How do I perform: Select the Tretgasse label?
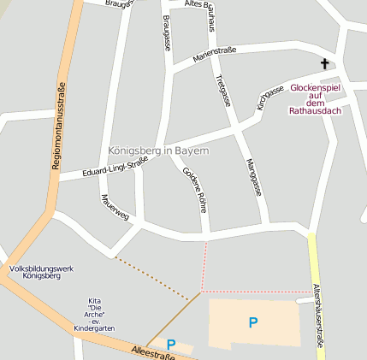click(x=223, y=90)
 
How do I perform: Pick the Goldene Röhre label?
click(x=194, y=189)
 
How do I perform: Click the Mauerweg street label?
click(x=114, y=210)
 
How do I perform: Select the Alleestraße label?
click(x=153, y=352)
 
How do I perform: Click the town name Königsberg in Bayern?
click(x=158, y=150)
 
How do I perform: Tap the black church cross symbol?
click(x=325, y=64)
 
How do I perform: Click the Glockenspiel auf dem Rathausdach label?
click(x=317, y=99)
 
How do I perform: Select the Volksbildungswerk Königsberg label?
click(x=41, y=273)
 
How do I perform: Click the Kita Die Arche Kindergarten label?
click(x=94, y=314)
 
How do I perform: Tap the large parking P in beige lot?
click(x=252, y=322)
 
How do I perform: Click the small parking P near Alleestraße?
click(x=171, y=344)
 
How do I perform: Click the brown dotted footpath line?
click(x=154, y=276)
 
